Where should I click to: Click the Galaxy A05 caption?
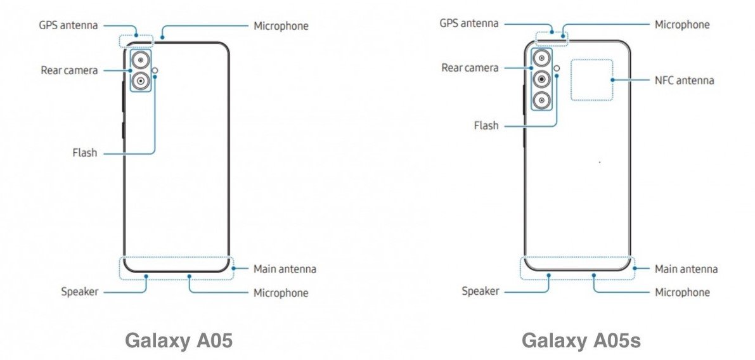179,341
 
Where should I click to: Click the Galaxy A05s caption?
581,341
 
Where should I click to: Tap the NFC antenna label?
684,80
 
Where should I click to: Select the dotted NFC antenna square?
592,60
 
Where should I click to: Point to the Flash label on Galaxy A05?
85,153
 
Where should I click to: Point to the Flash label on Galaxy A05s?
486,126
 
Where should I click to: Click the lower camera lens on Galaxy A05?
140,81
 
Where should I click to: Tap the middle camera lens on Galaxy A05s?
542,79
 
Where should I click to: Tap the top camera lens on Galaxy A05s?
542,58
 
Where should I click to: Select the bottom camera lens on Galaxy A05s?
542,100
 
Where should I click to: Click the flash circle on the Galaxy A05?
155,71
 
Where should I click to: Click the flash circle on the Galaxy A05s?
557,68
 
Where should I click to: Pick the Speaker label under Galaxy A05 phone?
79,292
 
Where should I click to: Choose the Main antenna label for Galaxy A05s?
686,269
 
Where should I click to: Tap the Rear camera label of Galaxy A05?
69,70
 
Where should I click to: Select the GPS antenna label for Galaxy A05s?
469,23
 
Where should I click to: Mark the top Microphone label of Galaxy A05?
281,25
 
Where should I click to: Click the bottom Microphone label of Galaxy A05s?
682,292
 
